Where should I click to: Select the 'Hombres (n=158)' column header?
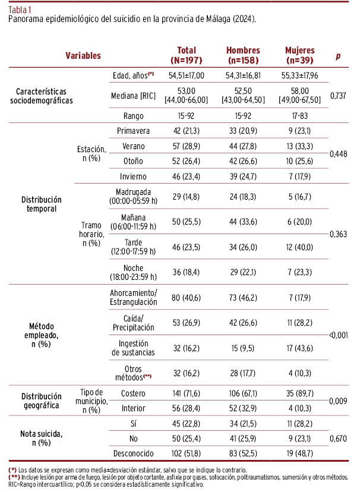point(243,55)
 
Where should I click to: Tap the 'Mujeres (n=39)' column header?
point(300,55)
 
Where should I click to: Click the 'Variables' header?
point(83,55)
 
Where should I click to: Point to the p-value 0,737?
point(338,95)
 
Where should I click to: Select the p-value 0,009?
point(338,401)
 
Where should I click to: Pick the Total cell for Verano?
point(187,146)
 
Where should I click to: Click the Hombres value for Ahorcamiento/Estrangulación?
point(243,297)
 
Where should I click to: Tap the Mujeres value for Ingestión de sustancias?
point(300,348)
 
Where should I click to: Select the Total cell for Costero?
point(187,393)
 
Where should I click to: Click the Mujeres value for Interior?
point(300,409)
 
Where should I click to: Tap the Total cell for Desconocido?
point(187,454)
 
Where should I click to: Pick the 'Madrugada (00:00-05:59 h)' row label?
point(134,196)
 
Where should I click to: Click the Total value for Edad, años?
point(187,75)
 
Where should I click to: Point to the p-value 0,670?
point(338,439)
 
